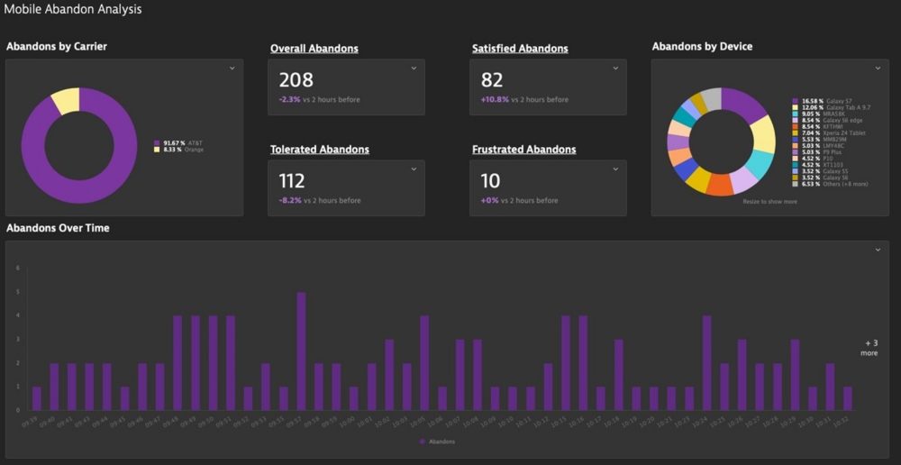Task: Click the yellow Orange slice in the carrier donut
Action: click(65, 101)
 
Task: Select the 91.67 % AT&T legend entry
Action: click(179, 143)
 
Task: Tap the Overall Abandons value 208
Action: click(296, 80)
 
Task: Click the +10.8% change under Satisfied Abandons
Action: click(495, 100)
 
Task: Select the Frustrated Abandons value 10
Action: click(490, 181)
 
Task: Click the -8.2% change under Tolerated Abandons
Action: click(290, 201)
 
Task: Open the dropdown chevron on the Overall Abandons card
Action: click(414, 68)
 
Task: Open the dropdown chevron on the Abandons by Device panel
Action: click(877, 68)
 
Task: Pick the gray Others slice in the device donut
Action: click(712, 98)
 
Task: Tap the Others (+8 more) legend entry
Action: click(831, 184)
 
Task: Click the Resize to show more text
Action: click(770, 202)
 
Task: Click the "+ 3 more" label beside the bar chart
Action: click(869, 348)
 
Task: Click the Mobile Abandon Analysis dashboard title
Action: click(72, 10)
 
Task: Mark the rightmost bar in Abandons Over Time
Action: click(848, 398)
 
